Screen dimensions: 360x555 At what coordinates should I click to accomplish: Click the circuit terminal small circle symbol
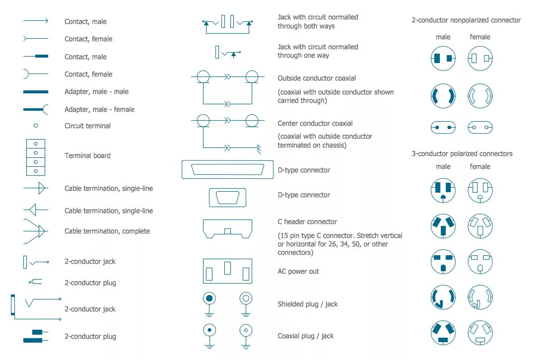pos(36,126)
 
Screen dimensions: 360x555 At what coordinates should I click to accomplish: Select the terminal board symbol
pos(36,157)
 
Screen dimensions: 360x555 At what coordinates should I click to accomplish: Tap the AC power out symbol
pos(227,271)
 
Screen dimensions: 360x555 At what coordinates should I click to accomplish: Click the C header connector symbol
pos(227,229)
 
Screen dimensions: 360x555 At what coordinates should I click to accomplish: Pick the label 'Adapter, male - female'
pos(99,109)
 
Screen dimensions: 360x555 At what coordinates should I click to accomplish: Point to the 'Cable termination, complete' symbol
pos(35,231)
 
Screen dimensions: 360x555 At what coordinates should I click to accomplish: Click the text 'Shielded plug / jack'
pos(307,304)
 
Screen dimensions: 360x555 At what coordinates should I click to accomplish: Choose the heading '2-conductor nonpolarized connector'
pos(466,20)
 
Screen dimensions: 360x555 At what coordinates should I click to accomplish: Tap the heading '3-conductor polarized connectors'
pos(462,154)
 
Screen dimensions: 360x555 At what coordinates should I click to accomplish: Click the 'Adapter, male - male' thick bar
pos(36,92)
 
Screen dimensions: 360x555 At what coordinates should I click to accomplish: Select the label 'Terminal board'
pos(87,155)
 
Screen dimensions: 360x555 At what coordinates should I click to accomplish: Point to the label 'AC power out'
pos(298,271)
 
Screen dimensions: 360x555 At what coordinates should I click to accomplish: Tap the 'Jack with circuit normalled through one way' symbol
pos(228,52)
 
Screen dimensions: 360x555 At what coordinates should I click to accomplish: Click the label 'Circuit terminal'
pos(87,126)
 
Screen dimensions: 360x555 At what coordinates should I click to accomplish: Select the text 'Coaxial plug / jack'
pos(305,336)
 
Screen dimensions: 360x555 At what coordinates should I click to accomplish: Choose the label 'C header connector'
pos(307,221)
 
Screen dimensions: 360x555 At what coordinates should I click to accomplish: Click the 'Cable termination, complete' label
pos(107,231)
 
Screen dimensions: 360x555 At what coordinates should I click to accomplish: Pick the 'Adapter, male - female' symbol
pos(36,109)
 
